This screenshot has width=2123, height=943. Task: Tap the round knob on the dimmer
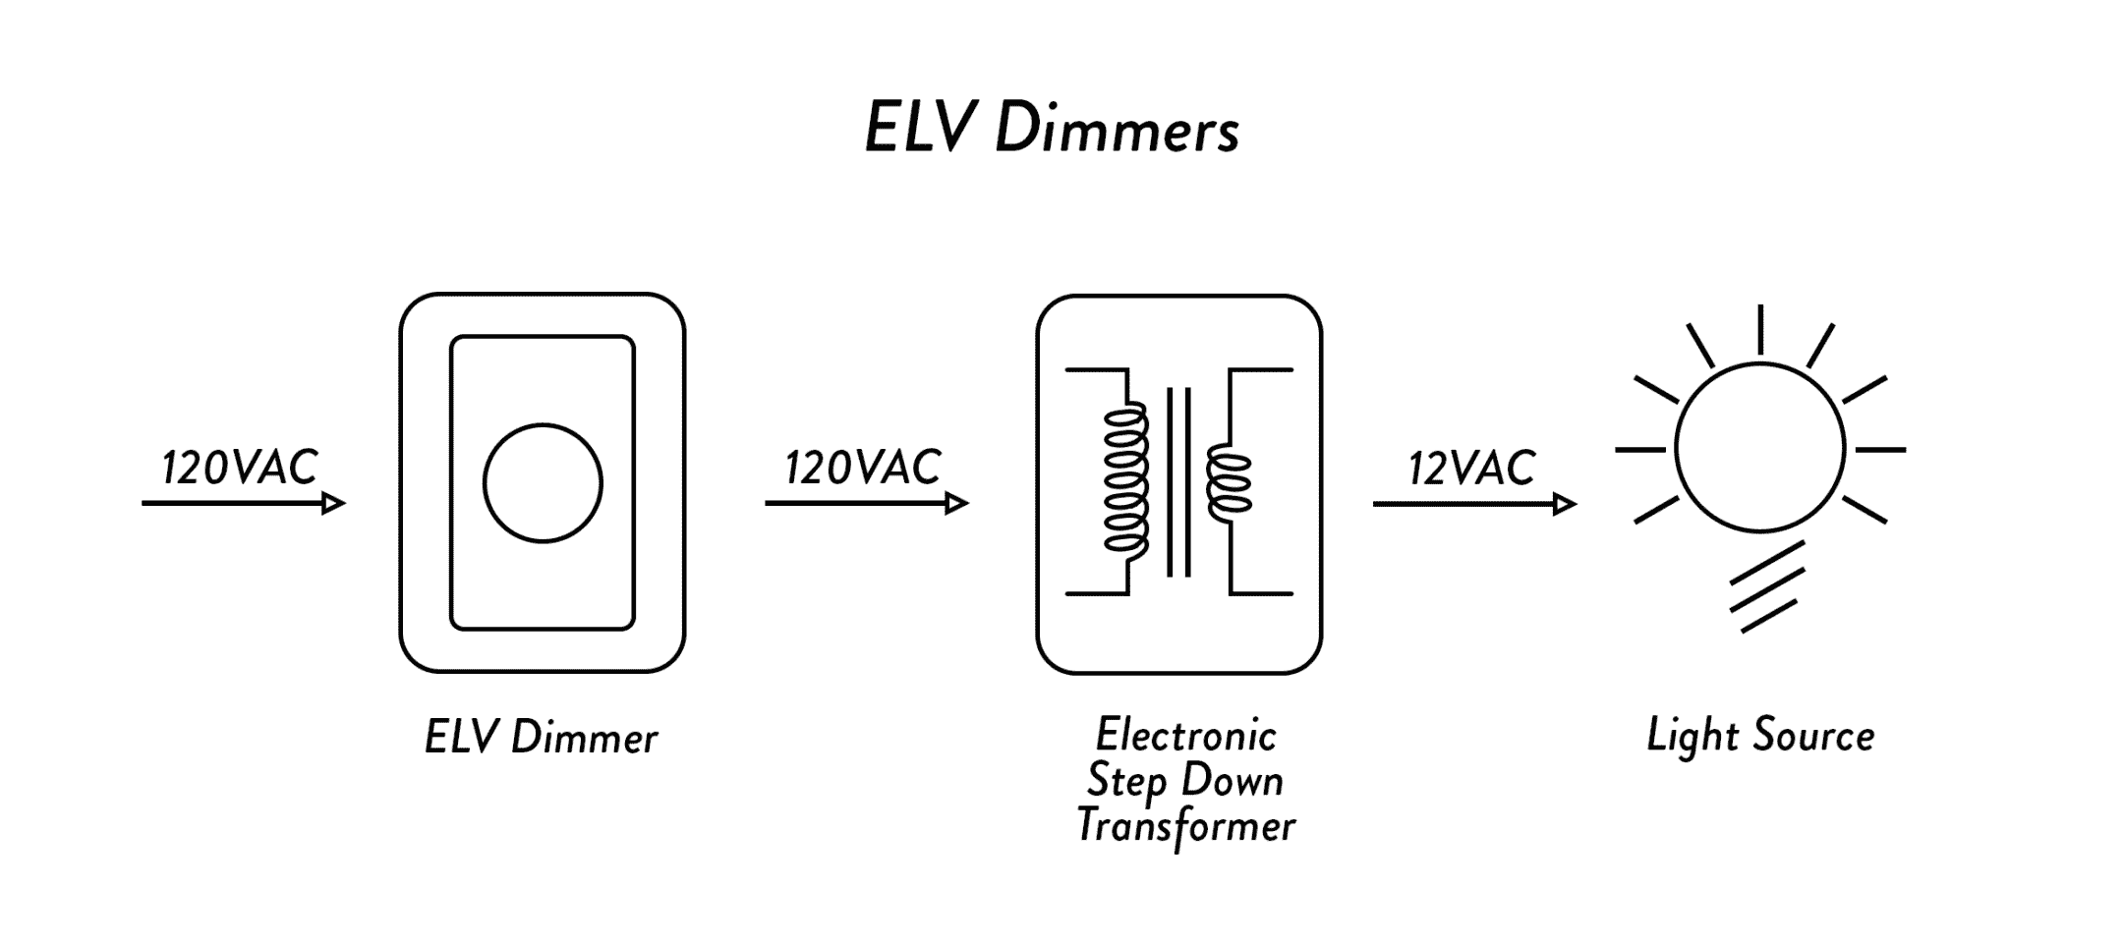(x=543, y=482)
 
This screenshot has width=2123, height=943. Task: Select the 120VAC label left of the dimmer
(x=240, y=468)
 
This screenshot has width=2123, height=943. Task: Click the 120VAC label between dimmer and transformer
(x=863, y=468)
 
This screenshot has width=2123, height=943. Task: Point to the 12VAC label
(x=1471, y=468)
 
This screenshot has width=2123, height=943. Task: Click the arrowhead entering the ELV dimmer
(x=334, y=504)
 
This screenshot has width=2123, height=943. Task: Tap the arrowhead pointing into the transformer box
(x=957, y=504)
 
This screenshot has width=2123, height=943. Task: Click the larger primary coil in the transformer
(x=1126, y=481)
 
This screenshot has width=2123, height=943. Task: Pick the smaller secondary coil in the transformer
(x=1229, y=482)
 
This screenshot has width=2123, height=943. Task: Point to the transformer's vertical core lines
(x=1178, y=481)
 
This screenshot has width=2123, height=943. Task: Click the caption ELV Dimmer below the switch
(x=541, y=738)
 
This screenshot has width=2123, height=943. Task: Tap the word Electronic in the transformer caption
(x=1186, y=735)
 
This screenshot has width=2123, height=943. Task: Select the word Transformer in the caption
(x=1186, y=826)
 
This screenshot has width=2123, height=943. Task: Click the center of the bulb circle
(x=1759, y=448)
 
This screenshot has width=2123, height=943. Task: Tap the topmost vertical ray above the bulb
(x=1759, y=329)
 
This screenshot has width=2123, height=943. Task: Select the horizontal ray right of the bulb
(x=1880, y=450)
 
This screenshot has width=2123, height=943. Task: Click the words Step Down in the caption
(x=1185, y=781)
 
